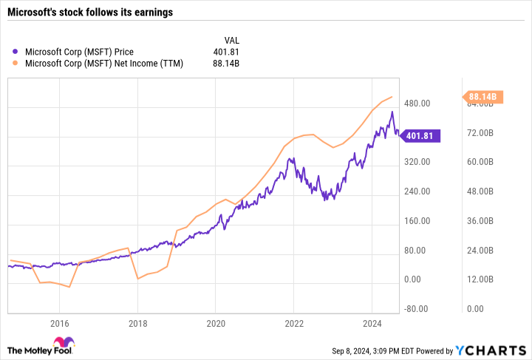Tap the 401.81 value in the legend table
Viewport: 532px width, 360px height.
227,51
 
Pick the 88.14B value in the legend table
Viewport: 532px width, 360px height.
225,64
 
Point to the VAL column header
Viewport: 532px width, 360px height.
231,39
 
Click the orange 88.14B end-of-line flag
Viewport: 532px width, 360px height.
483,96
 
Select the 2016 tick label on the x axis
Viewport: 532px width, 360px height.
59,322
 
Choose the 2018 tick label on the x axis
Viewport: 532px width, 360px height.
137,322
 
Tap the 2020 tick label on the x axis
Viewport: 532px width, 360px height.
216,322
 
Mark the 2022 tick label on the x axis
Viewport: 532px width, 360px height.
294,322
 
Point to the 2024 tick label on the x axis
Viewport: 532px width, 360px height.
372,322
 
